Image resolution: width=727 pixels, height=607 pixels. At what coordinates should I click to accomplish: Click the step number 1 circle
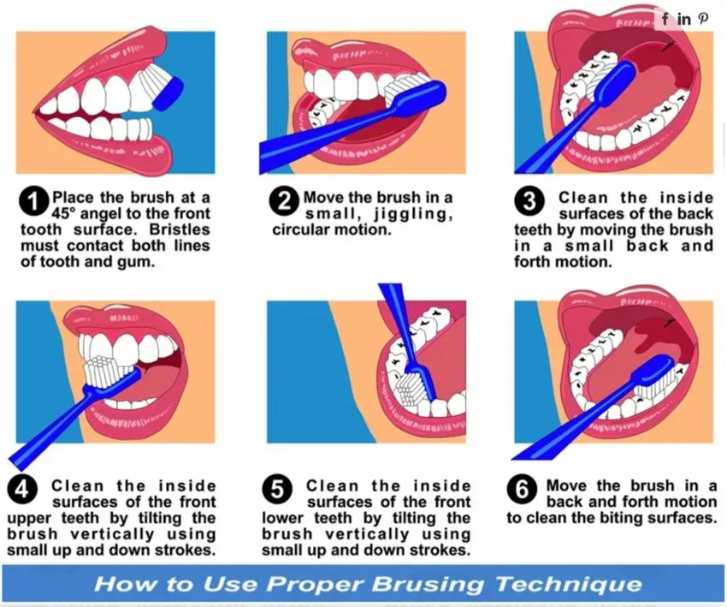pos(34,202)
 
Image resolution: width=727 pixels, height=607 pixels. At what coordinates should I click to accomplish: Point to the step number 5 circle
pos(277,490)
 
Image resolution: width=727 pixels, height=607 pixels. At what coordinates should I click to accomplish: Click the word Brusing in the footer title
pos(428,584)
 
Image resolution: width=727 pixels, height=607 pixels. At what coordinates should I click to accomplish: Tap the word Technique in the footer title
pos(569,584)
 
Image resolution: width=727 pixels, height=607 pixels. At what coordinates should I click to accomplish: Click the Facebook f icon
pos(665,19)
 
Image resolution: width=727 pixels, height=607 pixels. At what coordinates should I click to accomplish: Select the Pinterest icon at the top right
pos(703,19)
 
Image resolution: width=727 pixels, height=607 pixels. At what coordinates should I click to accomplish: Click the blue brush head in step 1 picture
pos(168,94)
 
